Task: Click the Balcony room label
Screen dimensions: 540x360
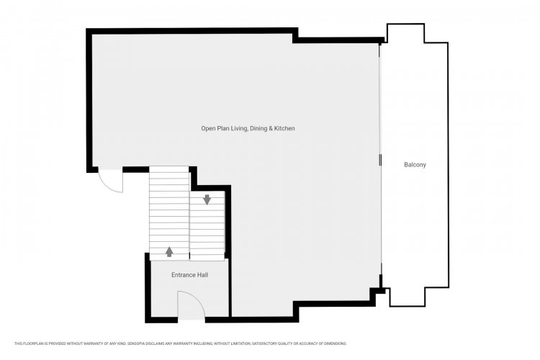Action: click(415, 165)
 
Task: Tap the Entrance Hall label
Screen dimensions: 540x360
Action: click(190, 275)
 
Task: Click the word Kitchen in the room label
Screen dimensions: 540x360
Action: click(284, 128)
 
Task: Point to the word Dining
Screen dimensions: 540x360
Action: click(258, 128)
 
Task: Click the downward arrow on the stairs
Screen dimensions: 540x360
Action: click(207, 199)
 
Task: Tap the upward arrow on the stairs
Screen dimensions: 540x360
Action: click(169, 252)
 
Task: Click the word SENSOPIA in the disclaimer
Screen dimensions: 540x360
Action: click(136, 343)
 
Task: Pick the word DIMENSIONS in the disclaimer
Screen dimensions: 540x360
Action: click(336, 343)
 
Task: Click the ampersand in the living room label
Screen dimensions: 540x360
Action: click(271, 128)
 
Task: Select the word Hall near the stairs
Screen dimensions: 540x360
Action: click(203, 275)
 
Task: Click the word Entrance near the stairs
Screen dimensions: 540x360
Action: click(184, 275)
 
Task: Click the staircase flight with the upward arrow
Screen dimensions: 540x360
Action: click(169, 214)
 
